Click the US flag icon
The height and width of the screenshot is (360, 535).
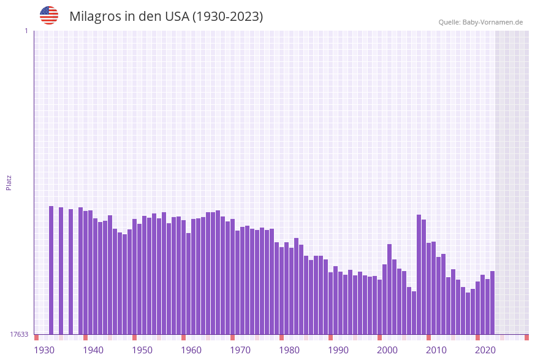(49, 15)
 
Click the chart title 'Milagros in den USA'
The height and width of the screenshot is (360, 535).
(166, 17)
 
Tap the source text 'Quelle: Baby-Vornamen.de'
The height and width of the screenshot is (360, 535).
(480, 22)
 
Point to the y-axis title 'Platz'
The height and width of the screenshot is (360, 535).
(9, 182)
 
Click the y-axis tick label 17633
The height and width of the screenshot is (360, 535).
(18, 334)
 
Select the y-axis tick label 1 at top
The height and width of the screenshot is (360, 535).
(26, 31)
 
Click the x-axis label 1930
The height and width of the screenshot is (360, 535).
(44, 350)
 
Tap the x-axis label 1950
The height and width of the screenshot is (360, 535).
(142, 350)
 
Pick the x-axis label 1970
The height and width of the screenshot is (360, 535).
(240, 350)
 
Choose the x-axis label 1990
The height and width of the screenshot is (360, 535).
(338, 350)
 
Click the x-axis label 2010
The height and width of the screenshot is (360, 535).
(436, 350)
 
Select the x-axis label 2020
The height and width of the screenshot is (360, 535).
(485, 350)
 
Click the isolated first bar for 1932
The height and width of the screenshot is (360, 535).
(51, 270)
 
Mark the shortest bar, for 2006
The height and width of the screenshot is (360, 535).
(414, 313)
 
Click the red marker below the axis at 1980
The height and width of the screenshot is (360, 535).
(282, 337)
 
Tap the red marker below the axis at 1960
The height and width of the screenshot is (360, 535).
(184, 337)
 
